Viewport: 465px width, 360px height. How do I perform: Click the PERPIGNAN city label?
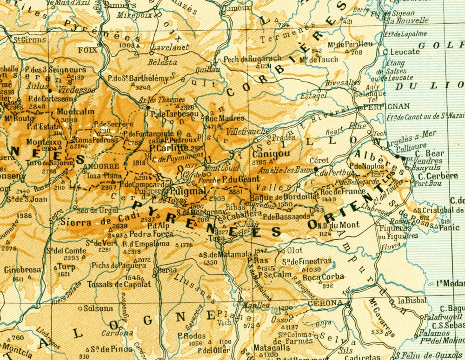point(381,106)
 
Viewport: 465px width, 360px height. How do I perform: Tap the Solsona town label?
point(98,308)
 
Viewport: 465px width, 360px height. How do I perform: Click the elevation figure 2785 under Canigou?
point(258,162)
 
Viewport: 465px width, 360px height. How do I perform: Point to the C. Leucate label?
point(404,52)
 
